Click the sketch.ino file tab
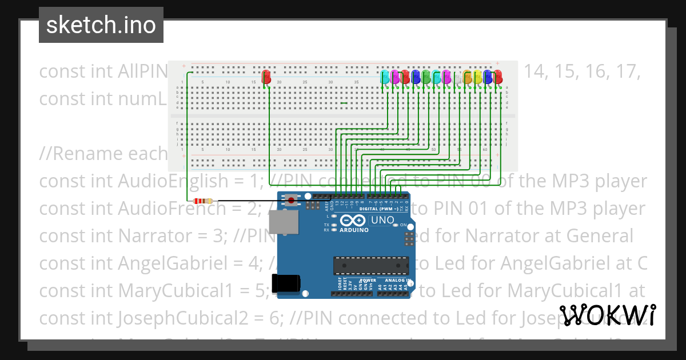point(101,25)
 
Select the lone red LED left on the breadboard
point(266,77)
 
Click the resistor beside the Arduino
point(203,201)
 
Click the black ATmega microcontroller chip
point(372,265)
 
